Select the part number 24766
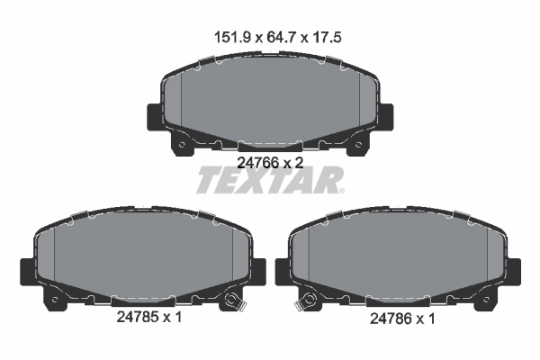255,163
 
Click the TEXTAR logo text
267,181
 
